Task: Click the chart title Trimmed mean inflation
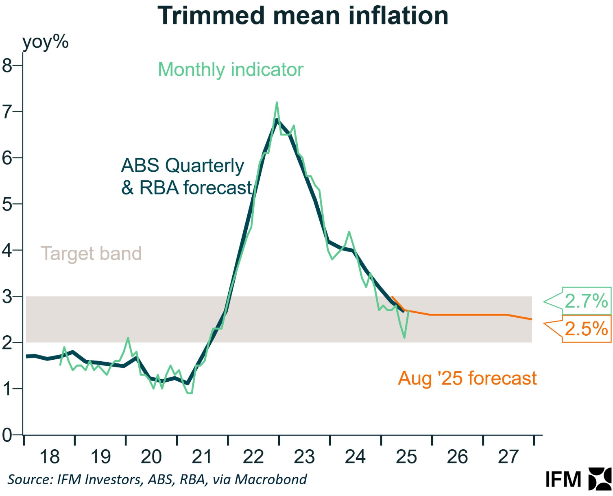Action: tap(303, 16)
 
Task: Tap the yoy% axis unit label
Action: tap(45, 42)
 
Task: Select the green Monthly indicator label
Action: tap(231, 70)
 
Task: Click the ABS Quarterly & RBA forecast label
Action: tap(186, 177)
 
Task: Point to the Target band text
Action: tap(91, 253)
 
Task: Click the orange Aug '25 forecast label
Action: tap(467, 378)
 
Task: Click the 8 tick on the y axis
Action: tap(7, 65)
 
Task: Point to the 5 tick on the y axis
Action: tap(7, 204)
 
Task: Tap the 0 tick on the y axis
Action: tap(7, 435)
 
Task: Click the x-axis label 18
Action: tap(50, 457)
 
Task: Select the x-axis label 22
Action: tap(253, 457)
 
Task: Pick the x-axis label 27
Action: tap(508, 457)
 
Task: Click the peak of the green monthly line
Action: tap(277, 103)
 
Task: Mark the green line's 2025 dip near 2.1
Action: tap(404, 337)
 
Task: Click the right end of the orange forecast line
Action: tap(531, 319)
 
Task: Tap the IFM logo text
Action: tap(563, 479)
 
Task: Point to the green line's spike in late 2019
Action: tap(128, 338)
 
